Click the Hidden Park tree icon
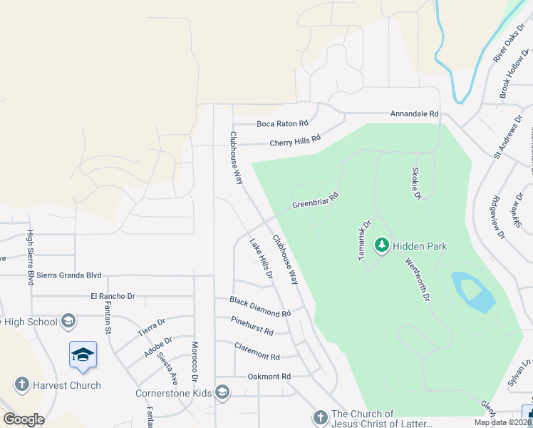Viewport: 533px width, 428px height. tap(382, 246)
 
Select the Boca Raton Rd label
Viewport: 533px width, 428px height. tap(282, 123)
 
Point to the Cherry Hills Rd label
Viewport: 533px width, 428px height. tap(294, 142)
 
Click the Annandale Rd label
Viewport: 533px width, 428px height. tap(414, 114)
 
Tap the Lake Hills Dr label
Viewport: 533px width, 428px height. tap(261, 258)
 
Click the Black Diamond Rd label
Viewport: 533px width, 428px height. tap(260, 307)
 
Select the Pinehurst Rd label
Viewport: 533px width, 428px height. tap(252, 326)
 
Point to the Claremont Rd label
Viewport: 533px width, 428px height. tap(257, 351)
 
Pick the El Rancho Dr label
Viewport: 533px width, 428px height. tap(113, 295)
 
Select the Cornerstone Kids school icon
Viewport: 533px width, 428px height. tap(222, 392)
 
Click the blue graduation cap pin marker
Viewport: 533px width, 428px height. tap(83, 355)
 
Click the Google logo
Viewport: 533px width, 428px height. tap(24, 419)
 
